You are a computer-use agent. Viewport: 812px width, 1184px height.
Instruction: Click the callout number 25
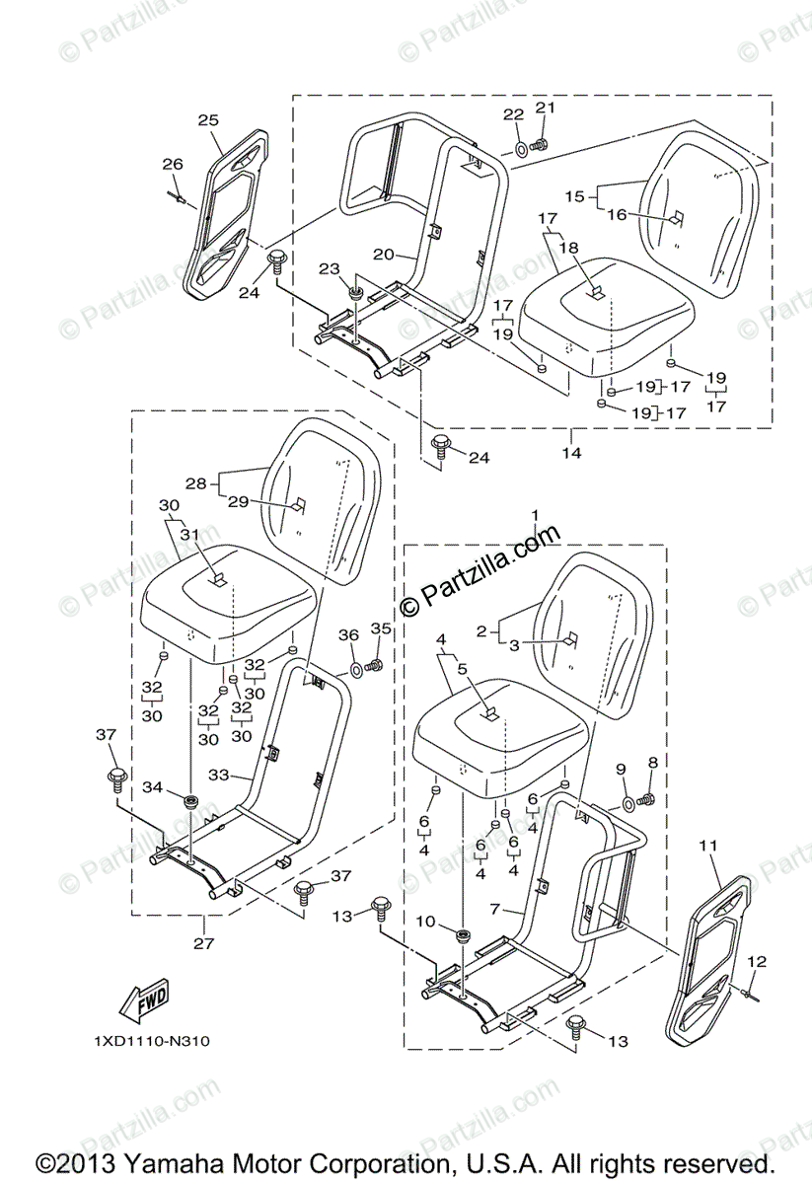pyautogui.click(x=207, y=120)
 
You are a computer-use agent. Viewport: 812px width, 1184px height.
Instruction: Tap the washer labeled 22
pyautogui.click(x=520, y=149)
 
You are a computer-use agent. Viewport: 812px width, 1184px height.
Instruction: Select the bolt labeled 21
pyautogui.click(x=539, y=145)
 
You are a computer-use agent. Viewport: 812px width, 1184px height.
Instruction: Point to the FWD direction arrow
pyautogui.click(x=143, y=1003)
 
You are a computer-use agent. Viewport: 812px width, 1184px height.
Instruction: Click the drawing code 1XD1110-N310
pyautogui.click(x=152, y=1041)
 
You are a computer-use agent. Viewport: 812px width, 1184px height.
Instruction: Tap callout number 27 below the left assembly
pyautogui.click(x=203, y=943)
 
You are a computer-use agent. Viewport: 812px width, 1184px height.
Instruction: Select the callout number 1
pyautogui.click(x=536, y=515)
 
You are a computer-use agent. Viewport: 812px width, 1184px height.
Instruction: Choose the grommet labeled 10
pyautogui.click(x=464, y=934)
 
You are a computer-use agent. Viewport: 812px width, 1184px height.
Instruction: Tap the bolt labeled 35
pyautogui.click(x=375, y=666)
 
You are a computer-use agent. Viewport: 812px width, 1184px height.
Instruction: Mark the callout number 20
pyautogui.click(x=383, y=254)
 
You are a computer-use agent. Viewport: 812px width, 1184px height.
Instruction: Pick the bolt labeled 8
pyautogui.click(x=648, y=797)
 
